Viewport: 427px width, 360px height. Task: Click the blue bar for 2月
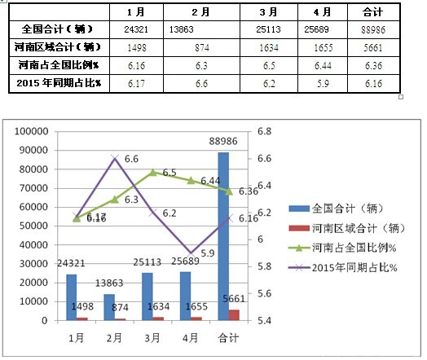click(x=108, y=307)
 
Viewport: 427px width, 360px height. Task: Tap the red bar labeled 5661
click(x=235, y=315)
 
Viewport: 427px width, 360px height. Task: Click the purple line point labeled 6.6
click(x=115, y=157)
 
